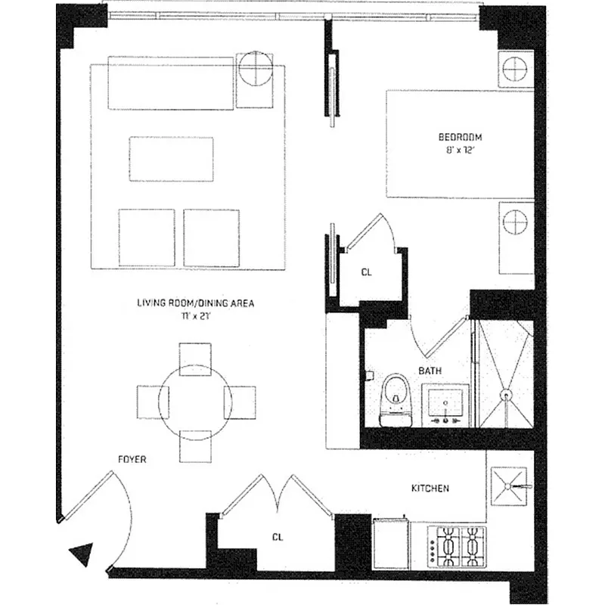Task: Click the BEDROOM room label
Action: point(460,137)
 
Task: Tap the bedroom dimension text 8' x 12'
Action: point(460,150)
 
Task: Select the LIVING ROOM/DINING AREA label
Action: point(195,303)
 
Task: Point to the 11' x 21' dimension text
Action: point(195,316)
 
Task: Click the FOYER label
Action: point(132,459)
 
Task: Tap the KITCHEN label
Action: point(430,489)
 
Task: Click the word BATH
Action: point(431,371)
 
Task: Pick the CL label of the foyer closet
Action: point(278,537)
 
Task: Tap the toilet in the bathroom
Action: point(396,397)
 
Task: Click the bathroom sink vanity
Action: point(445,404)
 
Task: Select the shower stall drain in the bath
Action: point(506,394)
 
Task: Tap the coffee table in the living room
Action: point(171,159)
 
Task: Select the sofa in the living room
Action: point(170,82)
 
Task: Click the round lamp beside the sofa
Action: point(254,70)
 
